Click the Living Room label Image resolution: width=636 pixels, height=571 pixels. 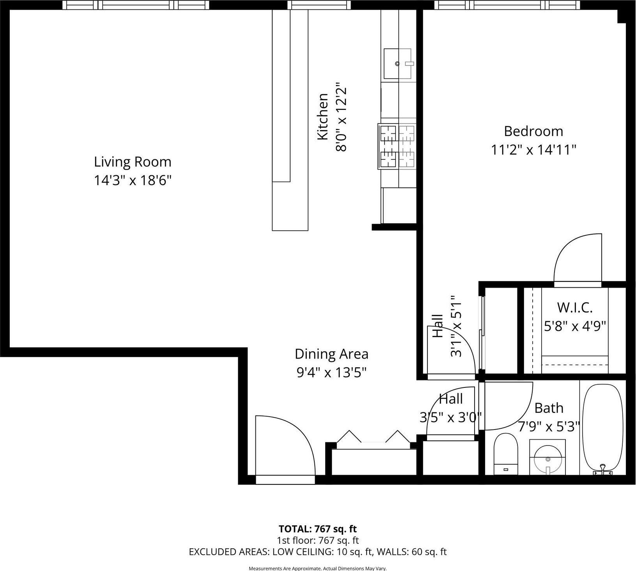(133, 162)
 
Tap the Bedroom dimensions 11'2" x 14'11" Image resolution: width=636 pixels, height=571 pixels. (533, 150)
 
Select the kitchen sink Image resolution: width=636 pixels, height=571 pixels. (398, 64)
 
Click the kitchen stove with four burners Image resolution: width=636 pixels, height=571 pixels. (397, 146)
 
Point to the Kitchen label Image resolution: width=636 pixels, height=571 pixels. (322, 117)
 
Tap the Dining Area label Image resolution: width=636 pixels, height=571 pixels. (331, 354)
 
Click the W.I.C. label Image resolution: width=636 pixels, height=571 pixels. (575, 308)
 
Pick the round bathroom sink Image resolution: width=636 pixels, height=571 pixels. (548, 458)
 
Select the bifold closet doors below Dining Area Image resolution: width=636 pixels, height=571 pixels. (374, 437)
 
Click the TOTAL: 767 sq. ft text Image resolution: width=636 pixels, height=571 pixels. (318, 529)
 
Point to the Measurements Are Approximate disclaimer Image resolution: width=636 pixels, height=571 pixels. (318, 569)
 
